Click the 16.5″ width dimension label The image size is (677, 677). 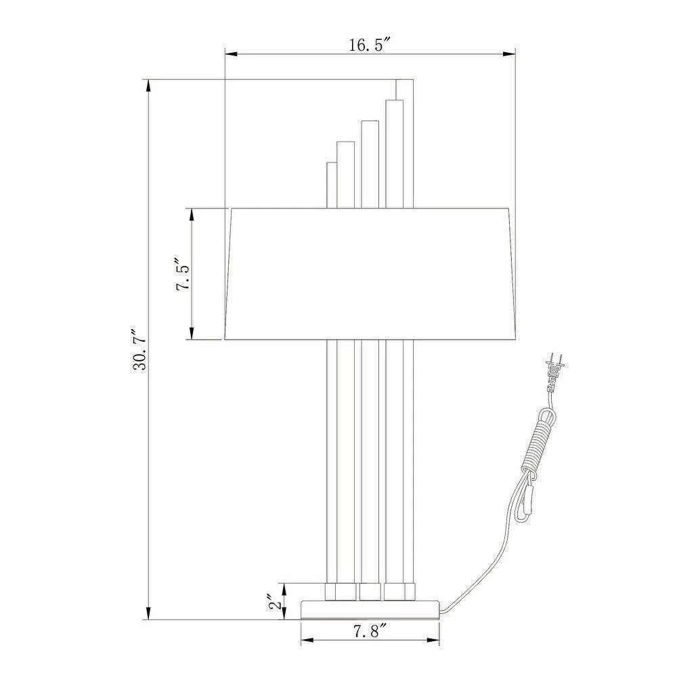(x=370, y=45)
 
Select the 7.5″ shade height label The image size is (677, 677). (x=183, y=275)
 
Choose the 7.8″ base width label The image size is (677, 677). (x=370, y=632)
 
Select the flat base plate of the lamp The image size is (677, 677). (x=370, y=609)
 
